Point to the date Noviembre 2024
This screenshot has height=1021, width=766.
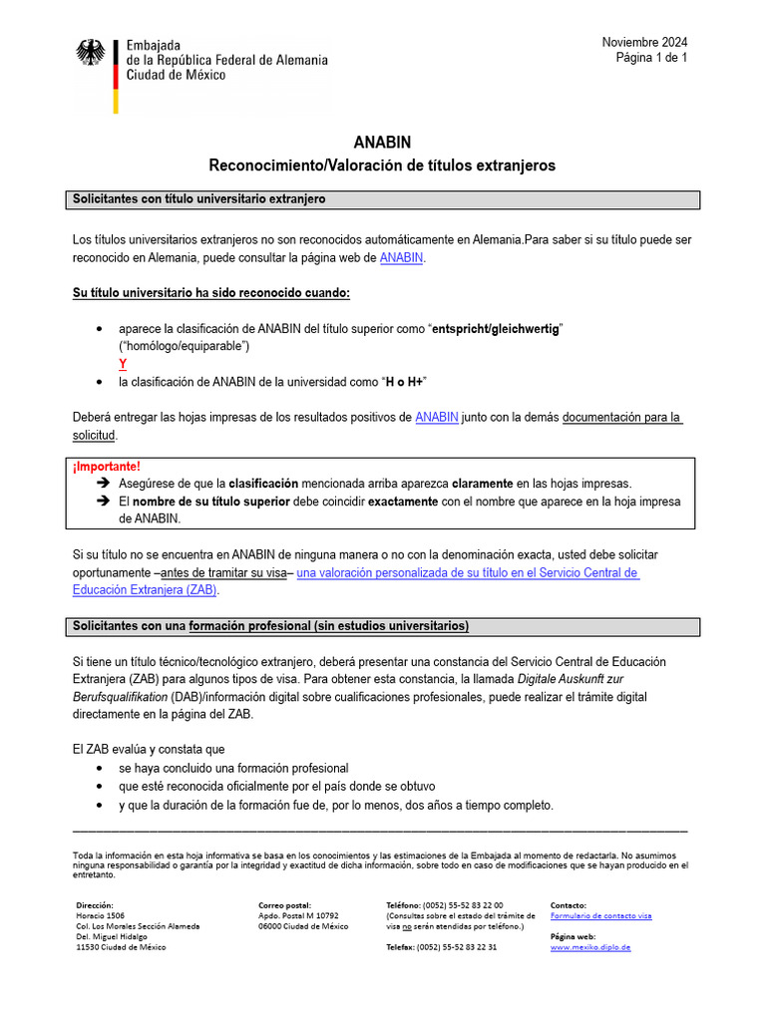(x=643, y=42)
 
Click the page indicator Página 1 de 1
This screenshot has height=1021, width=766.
(x=650, y=58)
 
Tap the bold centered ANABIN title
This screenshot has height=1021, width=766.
(x=382, y=143)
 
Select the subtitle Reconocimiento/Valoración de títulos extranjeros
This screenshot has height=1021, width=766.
(x=382, y=166)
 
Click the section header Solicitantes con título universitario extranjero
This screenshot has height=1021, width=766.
(x=199, y=199)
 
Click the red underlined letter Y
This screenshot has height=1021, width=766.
(x=123, y=364)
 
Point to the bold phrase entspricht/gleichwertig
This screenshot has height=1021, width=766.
(x=496, y=329)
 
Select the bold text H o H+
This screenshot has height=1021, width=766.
(x=405, y=382)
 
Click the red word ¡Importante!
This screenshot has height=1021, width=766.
(x=107, y=466)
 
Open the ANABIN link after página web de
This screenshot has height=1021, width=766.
(x=401, y=257)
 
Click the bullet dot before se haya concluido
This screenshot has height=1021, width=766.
(x=98, y=769)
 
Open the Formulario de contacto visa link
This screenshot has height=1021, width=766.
(x=600, y=915)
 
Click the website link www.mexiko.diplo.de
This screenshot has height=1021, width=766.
(x=590, y=947)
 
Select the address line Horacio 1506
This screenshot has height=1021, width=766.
(x=101, y=915)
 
